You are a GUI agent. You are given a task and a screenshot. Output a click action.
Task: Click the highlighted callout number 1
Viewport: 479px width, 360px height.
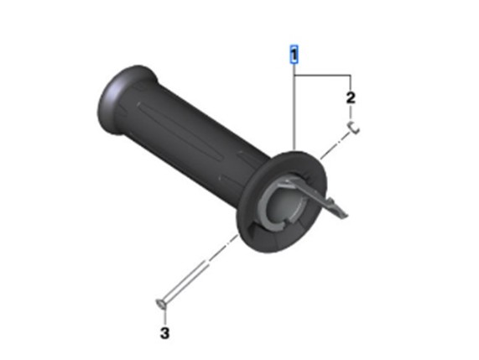click(294, 55)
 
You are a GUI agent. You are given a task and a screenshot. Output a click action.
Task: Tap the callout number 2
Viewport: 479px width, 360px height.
click(351, 98)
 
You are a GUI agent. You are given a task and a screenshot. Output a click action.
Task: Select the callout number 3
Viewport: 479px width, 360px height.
click(164, 333)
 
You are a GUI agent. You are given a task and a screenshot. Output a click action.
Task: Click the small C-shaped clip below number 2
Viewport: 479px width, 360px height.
click(353, 128)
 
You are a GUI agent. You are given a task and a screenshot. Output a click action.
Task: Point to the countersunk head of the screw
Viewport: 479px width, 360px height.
click(161, 304)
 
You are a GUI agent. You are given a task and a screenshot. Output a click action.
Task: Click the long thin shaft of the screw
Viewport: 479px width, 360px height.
click(185, 280)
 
